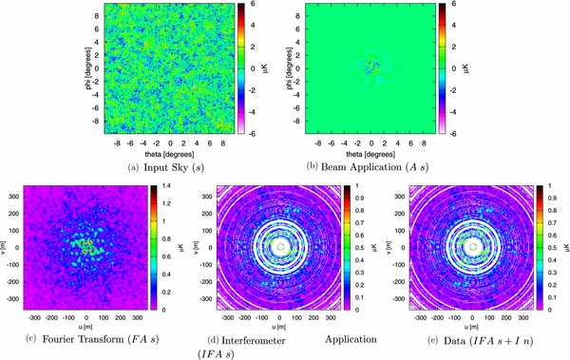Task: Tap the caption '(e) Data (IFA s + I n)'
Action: [x=478, y=337]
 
